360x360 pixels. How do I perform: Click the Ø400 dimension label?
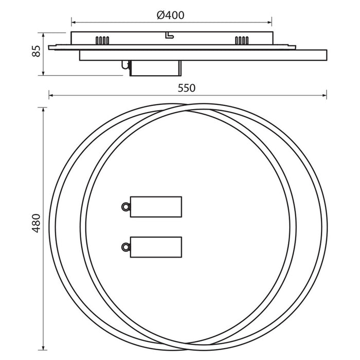coord(170,15)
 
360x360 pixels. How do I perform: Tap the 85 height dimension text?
coord(36,51)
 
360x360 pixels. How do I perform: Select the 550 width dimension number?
coord(186,88)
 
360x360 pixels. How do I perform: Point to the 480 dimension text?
coord(36,223)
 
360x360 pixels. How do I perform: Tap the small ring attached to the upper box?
coord(125,207)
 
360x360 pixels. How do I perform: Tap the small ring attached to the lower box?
coord(125,247)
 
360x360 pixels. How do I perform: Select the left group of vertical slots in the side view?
coord(102,41)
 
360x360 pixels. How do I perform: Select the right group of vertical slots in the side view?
coord(242,41)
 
